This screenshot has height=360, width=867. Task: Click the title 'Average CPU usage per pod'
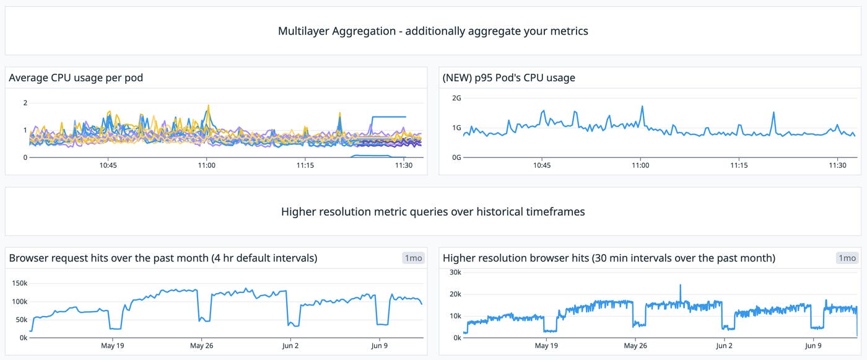[76, 78]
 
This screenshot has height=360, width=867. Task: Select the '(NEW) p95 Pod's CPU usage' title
[509, 78]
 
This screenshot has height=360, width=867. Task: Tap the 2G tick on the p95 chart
[456, 98]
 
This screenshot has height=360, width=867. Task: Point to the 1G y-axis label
[456, 128]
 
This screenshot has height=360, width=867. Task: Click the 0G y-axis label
[456, 157]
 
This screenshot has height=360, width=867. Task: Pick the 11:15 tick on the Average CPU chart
[305, 165]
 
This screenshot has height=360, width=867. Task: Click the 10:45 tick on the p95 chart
[542, 165]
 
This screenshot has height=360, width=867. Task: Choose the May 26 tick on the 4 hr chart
[201, 346]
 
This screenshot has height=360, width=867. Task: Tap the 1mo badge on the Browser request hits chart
[414, 258]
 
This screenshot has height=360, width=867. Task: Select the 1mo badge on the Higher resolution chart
[847, 258]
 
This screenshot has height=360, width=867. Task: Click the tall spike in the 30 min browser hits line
[680, 286]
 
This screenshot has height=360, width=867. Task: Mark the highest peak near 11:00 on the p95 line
[642, 107]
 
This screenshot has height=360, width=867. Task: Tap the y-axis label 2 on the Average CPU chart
[25, 103]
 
